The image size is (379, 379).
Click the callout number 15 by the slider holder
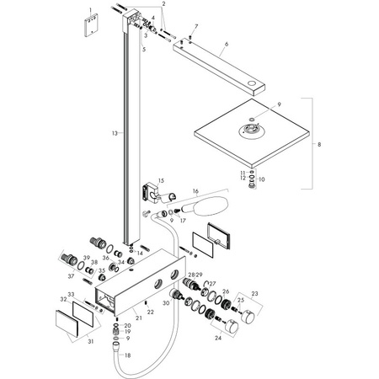pyautogui.click(x=160, y=180)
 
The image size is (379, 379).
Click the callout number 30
pyautogui.click(x=167, y=303)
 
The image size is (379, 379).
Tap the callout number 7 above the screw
pyautogui.click(x=195, y=28)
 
